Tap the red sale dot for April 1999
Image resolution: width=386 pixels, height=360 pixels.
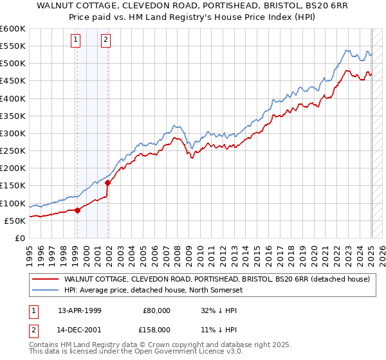click(x=77, y=210)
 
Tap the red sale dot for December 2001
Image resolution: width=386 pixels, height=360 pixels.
click(x=108, y=183)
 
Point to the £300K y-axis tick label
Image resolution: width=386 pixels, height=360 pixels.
click(x=13, y=133)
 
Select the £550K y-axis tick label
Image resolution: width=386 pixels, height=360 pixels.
click(x=13, y=46)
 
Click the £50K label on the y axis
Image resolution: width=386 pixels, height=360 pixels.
click(x=15, y=221)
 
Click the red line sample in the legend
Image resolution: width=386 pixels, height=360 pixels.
click(x=45, y=279)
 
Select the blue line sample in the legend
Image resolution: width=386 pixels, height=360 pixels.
click(x=45, y=290)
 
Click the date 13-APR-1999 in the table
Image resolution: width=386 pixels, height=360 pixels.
click(x=78, y=310)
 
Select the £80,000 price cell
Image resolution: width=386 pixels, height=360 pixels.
click(x=157, y=310)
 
